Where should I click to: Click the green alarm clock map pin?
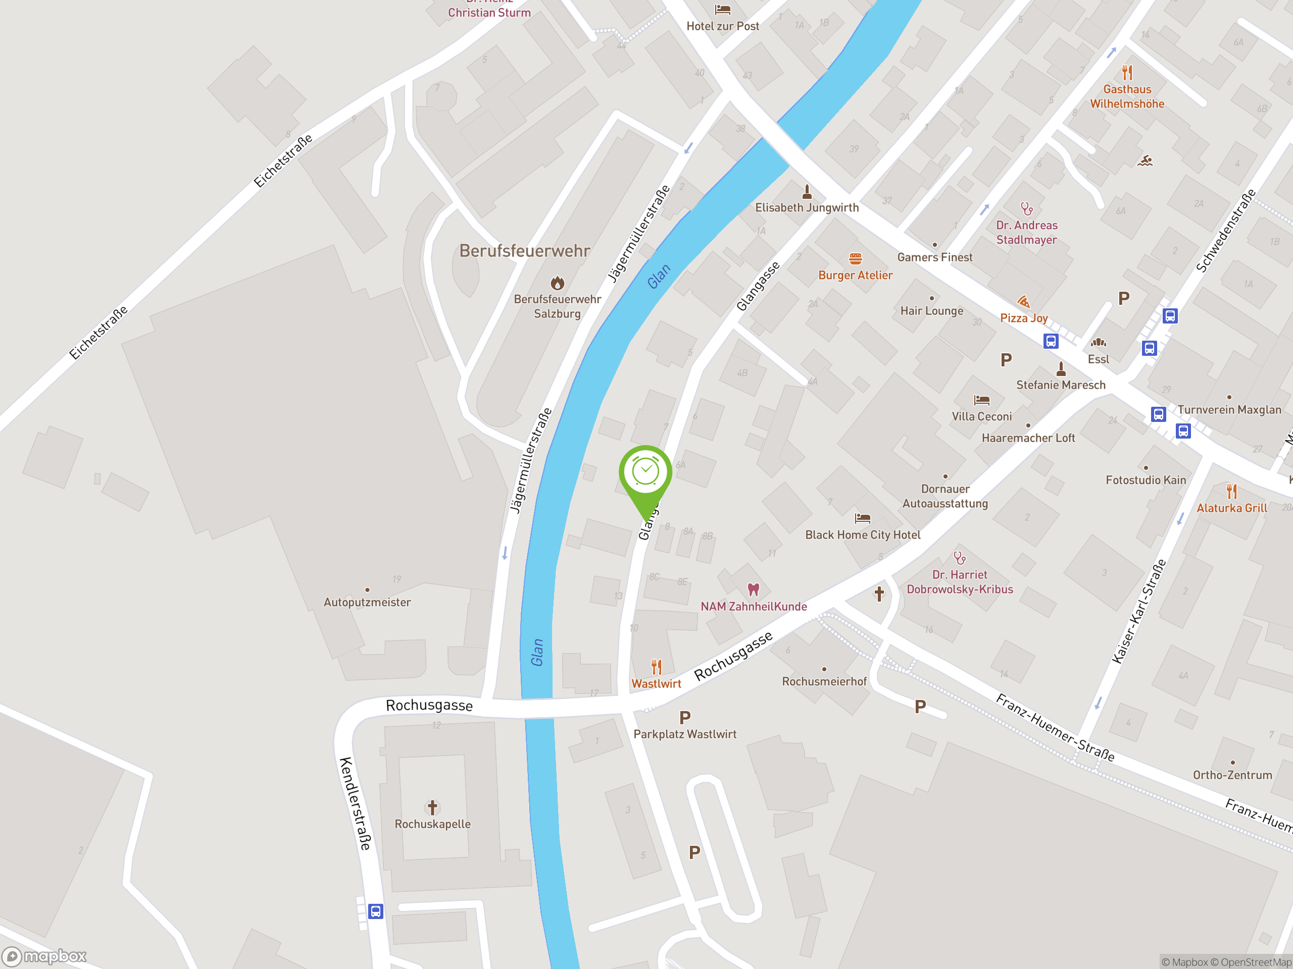click(x=645, y=473)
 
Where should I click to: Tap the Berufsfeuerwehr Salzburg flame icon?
click(x=558, y=283)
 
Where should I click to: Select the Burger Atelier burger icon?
click(x=855, y=259)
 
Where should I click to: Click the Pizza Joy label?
click(x=1023, y=318)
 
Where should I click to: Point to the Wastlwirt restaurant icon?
click(x=657, y=667)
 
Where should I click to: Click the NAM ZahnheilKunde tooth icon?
click(x=754, y=589)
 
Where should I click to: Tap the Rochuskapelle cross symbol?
click(x=432, y=807)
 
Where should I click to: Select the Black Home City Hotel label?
click(x=862, y=535)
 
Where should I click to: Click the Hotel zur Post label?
click(x=722, y=26)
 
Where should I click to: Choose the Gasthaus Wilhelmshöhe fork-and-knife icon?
click(x=1127, y=73)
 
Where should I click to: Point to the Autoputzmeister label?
click(x=367, y=602)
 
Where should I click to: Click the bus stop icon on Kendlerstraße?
click(x=375, y=911)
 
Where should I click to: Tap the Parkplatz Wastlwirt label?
click(x=684, y=734)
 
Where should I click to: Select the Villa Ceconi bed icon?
click(x=981, y=400)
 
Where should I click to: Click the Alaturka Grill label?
click(x=1231, y=508)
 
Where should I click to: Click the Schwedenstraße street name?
click(x=1226, y=231)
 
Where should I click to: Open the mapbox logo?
click(x=44, y=956)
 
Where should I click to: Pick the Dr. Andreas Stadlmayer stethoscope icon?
click(x=1026, y=208)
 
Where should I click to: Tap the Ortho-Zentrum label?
click(x=1232, y=775)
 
